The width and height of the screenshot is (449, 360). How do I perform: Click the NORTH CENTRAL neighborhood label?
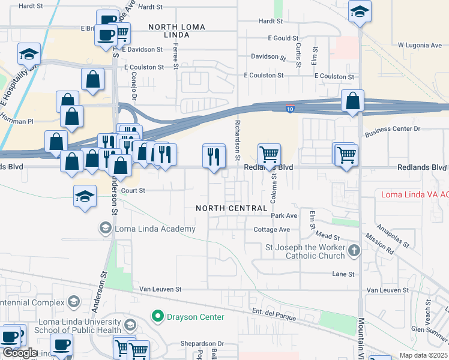click(231, 208)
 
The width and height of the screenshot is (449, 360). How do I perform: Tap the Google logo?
click(20, 353)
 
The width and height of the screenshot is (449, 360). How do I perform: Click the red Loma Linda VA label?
click(415, 194)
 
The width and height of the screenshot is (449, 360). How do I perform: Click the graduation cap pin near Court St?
click(85, 196)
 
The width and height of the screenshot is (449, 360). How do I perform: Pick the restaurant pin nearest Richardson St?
click(214, 157)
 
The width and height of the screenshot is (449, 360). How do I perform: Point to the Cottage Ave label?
click(272, 230)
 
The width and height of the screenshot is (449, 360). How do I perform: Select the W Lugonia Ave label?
click(420, 45)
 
